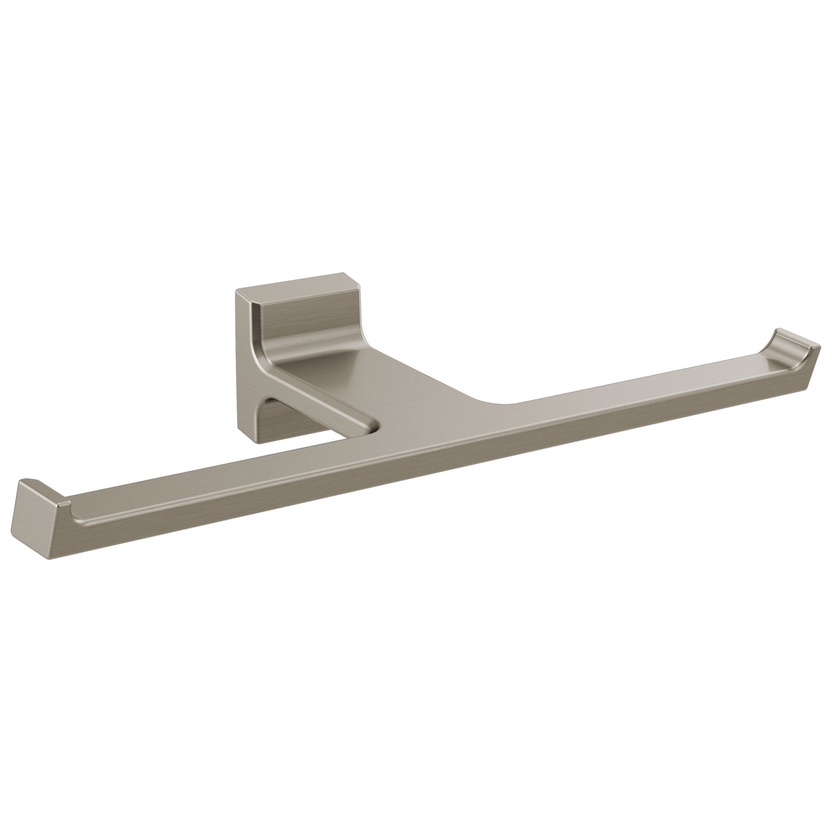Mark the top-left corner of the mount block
(237, 291)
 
